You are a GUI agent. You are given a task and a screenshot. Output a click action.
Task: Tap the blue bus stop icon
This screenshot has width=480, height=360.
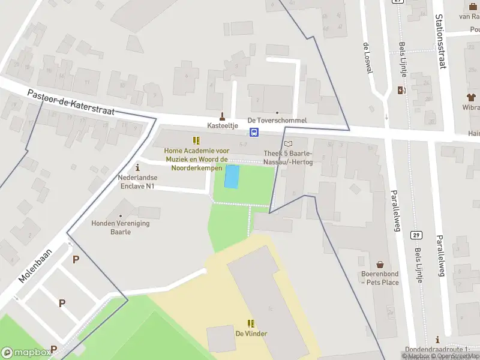255,132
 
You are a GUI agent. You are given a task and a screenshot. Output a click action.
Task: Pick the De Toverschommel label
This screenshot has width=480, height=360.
277,121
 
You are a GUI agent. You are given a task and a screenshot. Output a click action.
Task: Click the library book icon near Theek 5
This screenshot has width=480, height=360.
289,144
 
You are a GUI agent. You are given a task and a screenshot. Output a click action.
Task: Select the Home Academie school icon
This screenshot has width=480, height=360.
196,141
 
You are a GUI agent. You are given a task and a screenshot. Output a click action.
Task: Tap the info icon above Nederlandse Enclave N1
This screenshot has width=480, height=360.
137,167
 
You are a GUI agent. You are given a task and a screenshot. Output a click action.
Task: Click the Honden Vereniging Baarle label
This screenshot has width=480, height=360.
119,227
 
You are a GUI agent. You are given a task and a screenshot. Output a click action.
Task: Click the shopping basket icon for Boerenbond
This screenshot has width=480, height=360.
380,265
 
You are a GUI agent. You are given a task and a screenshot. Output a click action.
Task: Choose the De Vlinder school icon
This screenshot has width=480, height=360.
251,323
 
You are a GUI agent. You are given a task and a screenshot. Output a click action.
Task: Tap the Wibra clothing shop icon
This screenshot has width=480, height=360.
471,97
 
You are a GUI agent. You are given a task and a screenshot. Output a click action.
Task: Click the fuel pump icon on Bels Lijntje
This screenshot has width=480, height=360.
401,90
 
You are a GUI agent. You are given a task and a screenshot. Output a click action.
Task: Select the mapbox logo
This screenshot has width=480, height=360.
25,352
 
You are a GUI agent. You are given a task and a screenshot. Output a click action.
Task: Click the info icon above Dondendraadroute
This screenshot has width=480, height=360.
438,339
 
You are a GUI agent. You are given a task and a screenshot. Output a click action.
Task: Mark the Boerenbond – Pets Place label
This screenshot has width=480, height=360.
380,278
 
